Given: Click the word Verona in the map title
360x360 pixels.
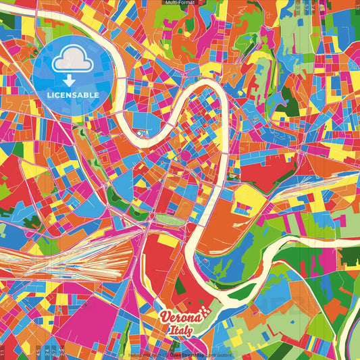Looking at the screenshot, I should click(x=180, y=317).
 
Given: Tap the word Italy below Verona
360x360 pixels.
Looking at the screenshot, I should click(x=180, y=330).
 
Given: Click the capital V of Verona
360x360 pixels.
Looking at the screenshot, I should click(x=165, y=317).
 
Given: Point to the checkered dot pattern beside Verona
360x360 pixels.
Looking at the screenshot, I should click(x=206, y=312).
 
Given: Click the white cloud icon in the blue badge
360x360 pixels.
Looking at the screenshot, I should click(x=72, y=61).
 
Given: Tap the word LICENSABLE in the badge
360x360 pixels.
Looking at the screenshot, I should click(x=72, y=95).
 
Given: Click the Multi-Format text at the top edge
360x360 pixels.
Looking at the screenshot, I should click(x=180, y=3).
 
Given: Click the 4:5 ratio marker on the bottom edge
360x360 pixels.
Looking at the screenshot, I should click(x=36, y=352).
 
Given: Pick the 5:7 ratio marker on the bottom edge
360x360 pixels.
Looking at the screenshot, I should click(x=53, y=352).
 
